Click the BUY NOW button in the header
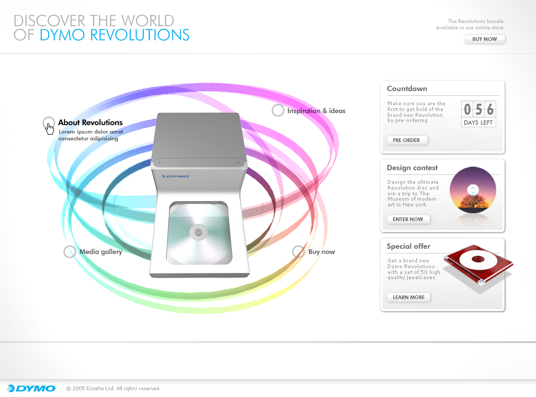(x=484, y=39)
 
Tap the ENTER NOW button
(x=408, y=219)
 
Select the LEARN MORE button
(x=408, y=297)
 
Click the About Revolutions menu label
(x=90, y=123)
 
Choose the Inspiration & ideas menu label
(x=316, y=111)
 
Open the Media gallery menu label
(x=101, y=252)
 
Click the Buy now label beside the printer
(x=321, y=252)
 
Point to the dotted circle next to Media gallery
(x=70, y=252)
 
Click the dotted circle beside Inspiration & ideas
(x=277, y=111)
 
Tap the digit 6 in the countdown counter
(x=490, y=109)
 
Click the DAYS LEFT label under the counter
(x=478, y=123)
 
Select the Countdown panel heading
(x=407, y=89)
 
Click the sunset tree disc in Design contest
(x=473, y=190)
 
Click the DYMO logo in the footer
(x=31, y=389)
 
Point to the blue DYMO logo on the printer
(x=176, y=177)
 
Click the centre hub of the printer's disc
(x=198, y=233)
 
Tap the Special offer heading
(x=408, y=246)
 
